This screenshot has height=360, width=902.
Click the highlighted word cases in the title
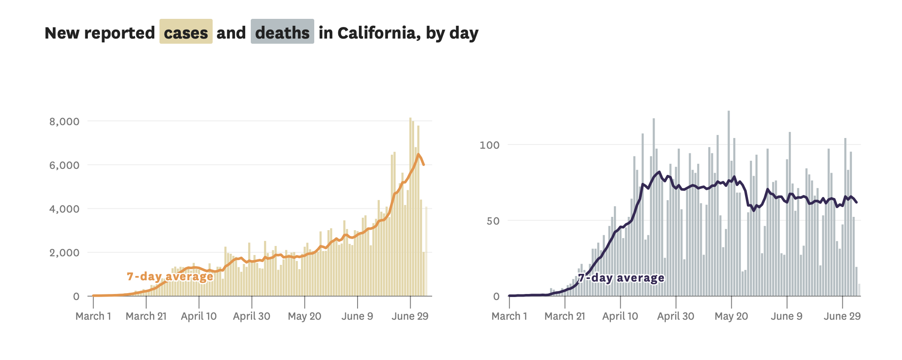[186, 33]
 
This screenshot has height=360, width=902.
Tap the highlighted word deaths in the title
[282, 33]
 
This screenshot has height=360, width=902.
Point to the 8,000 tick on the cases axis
[64, 122]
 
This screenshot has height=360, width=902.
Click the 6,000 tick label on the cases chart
[64, 165]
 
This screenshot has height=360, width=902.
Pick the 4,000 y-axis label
[64, 209]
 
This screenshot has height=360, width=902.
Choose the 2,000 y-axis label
[64, 253]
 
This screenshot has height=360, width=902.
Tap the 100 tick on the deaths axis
[489, 145]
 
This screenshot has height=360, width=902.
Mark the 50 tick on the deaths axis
[493, 221]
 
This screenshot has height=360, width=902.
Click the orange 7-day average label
[170, 276]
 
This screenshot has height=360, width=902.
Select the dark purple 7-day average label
[621, 278]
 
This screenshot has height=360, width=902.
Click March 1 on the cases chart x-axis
[93, 316]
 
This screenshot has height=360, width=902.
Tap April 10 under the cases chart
[198, 316]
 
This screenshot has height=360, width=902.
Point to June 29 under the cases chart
[410, 316]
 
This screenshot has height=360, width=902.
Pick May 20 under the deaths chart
[731, 316]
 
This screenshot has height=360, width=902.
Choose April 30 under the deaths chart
[676, 316]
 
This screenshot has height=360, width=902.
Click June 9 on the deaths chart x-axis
[786, 316]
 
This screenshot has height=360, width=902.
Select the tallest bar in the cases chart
[410, 206]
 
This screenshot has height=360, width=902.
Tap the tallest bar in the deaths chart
[728, 201]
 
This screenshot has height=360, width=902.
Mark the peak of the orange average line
[418, 154]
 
